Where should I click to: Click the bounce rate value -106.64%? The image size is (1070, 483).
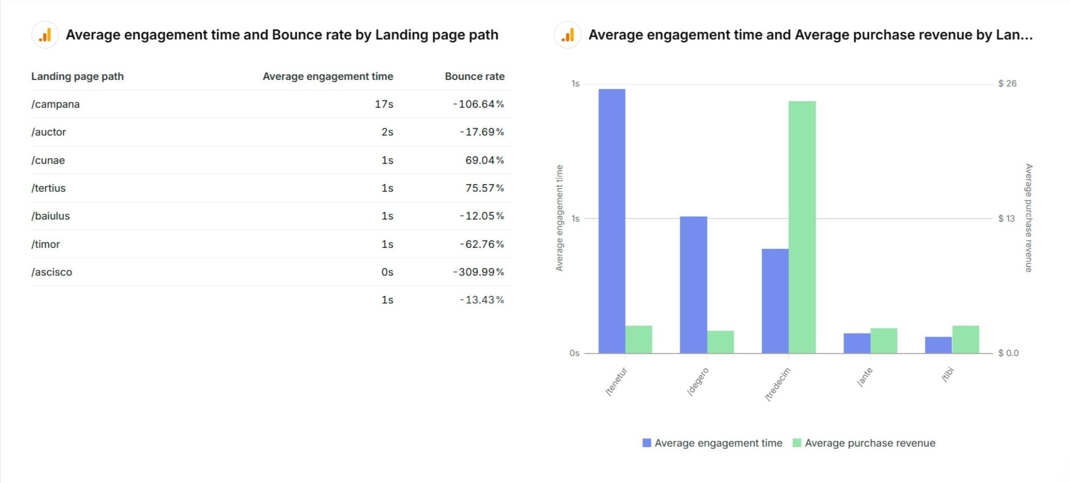click(x=478, y=104)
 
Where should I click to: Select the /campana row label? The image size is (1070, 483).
click(x=55, y=104)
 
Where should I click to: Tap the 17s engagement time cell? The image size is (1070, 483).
click(x=383, y=104)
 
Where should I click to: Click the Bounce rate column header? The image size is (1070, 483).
click(x=474, y=76)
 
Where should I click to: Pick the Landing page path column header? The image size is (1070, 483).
click(x=77, y=76)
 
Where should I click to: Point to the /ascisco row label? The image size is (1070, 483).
click(x=52, y=272)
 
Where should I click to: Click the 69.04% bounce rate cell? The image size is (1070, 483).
click(x=484, y=160)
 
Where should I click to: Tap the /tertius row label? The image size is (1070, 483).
click(x=49, y=188)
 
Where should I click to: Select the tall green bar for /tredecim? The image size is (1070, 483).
click(x=802, y=227)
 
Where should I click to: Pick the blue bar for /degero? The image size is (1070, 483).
click(x=693, y=285)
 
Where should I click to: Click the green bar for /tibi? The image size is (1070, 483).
click(x=966, y=340)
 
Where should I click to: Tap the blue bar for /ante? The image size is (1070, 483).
click(x=857, y=343)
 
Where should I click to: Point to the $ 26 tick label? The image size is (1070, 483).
click(x=1007, y=84)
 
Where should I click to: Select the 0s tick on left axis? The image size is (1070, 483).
click(x=574, y=353)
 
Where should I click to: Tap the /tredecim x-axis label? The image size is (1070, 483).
click(x=777, y=384)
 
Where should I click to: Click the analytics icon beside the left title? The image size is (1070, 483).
click(x=45, y=35)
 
